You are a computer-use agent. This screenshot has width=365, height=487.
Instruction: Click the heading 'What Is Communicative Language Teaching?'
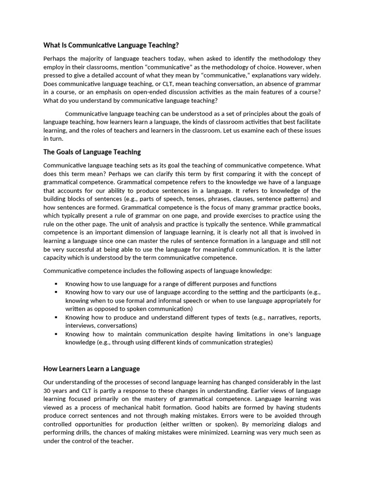(x=111, y=45)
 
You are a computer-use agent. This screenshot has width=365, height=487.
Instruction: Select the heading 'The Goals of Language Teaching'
(x=92, y=152)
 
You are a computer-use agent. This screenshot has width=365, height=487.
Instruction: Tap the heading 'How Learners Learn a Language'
(x=92, y=369)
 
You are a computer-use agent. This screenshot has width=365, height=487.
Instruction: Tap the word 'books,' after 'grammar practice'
(x=311, y=207)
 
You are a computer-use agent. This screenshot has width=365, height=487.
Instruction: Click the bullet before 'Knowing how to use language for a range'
(x=56, y=284)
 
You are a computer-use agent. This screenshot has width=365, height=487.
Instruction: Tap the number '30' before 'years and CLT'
(x=47, y=391)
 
